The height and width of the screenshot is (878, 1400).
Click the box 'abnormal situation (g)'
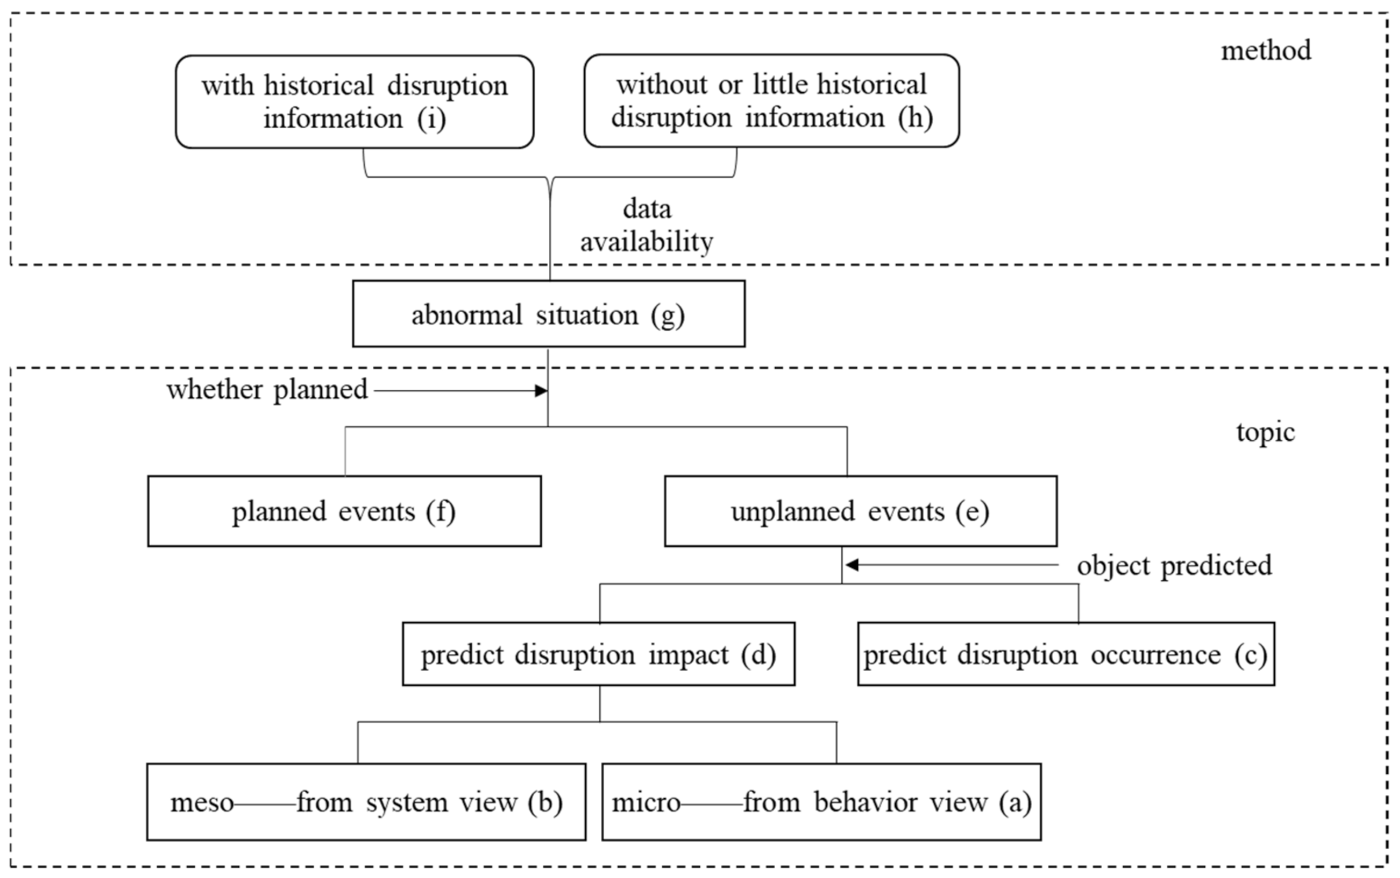pos(548,314)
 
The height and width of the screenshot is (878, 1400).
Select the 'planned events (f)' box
pos(344,511)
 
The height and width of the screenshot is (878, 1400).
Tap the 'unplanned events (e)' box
pos(859,511)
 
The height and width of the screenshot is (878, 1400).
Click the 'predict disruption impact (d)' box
pos(598,654)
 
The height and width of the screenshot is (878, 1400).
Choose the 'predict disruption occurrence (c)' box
pos(1065,654)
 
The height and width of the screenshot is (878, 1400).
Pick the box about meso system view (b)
pos(366,802)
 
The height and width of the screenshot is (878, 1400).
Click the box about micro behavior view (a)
pos(821,802)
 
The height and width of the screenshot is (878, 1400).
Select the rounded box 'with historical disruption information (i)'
pos(354,101)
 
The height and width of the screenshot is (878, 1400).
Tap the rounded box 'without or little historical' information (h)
pos(771,101)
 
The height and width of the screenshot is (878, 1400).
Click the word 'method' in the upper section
pos(1265,51)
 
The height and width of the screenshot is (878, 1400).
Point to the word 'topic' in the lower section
pos(1265,433)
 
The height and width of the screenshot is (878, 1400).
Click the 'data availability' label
pos(646,226)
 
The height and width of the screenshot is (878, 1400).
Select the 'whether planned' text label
pos(267,390)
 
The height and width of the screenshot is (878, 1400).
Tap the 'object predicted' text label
pos(1174,565)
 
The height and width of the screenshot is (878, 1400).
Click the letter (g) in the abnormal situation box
pos(668,315)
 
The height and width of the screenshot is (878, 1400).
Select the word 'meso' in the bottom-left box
pos(201,803)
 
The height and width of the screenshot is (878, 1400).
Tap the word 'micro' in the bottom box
pos(646,803)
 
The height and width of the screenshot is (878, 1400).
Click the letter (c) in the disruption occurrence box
pos(1250,655)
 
